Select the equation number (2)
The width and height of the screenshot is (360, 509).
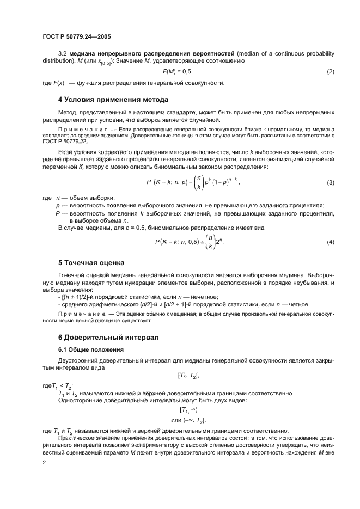pos(330,72)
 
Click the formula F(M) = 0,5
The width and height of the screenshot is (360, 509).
pos(178,72)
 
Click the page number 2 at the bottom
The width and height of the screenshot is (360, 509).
pos(45,462)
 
